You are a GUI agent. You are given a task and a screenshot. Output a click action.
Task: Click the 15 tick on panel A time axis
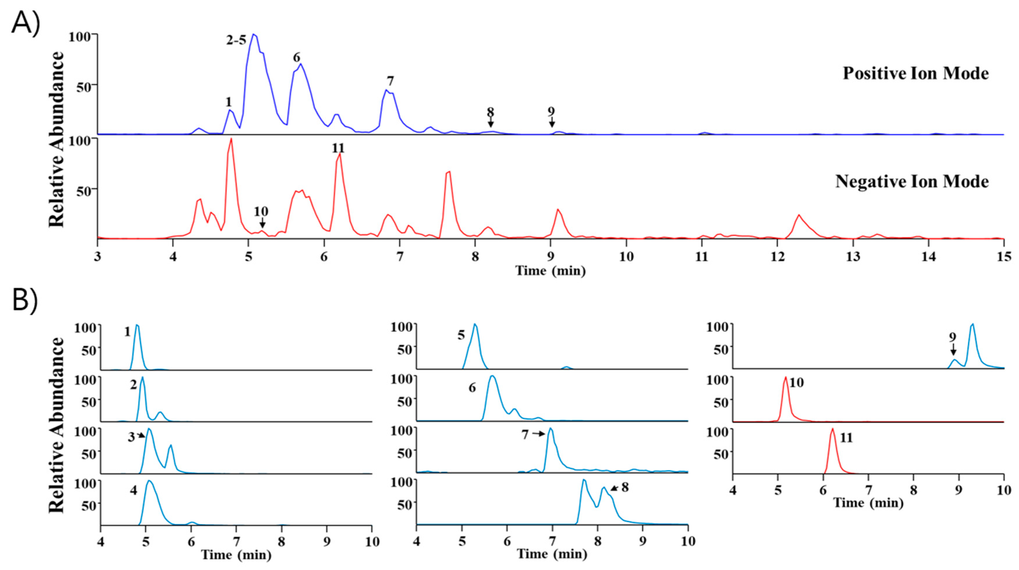pyautogui.click(x=1004, y=257)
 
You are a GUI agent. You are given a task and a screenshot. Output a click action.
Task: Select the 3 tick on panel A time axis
pyautogui.click(x=97, y=257)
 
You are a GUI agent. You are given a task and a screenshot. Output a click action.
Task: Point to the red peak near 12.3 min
pyautogui.click(x=799, y=215)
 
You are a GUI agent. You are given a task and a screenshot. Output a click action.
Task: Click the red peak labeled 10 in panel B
pyautogui.click(x=786, y=378)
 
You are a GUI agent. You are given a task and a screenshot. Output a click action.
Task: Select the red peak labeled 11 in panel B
pyautogui.click(x=832, y=429)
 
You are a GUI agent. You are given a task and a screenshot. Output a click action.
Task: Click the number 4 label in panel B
pyautogui.click(x=133, y=491)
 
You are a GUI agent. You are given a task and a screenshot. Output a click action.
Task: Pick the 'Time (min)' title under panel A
pyautogui.click(x=550, y=271)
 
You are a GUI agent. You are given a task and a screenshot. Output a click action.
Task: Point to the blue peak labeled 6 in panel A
pyautogui.click(x=301, y=64)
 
